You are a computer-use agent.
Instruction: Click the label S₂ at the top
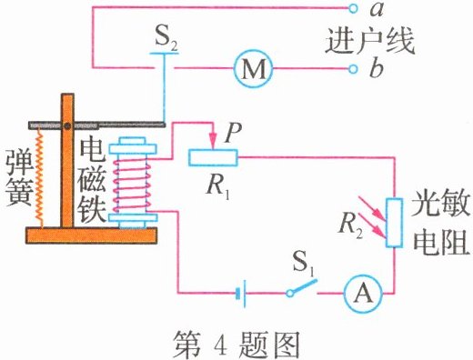click(165, 39)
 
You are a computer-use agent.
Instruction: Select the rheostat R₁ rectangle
click(212, 158)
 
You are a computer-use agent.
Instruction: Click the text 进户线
click(381, 40)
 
